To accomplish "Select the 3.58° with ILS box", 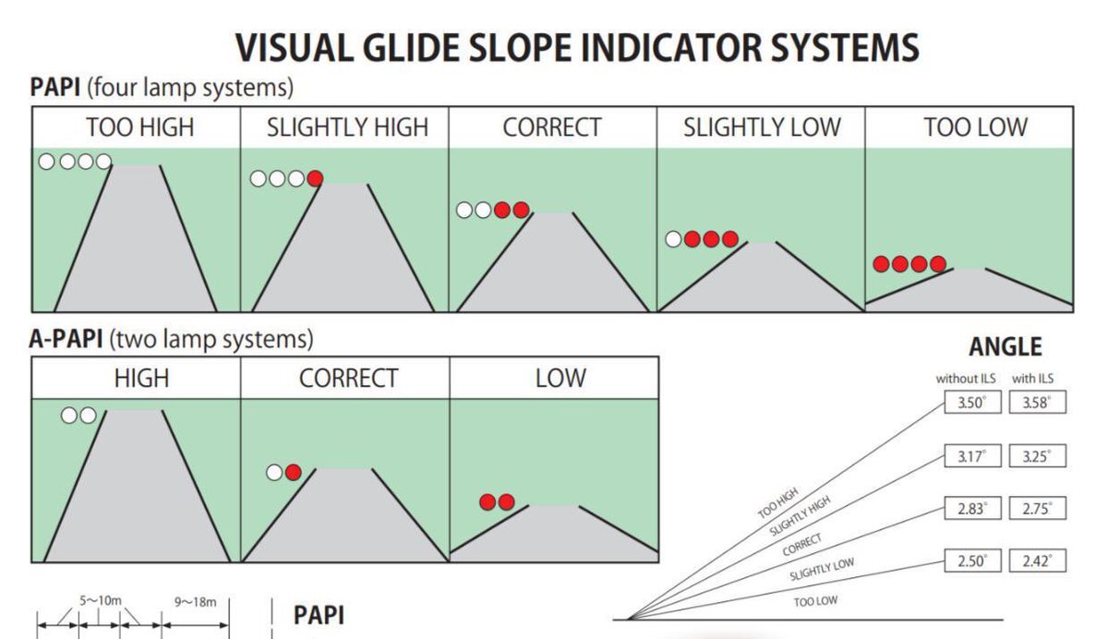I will [1037, 404].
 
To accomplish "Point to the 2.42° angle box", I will [1037, 561].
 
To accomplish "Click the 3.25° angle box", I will [1037, 455].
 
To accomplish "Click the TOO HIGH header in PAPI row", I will [140, 127].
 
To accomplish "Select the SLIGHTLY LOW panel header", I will [762, 127].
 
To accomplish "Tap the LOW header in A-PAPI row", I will [560, 378].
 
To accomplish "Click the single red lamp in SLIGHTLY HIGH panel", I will [315, 179].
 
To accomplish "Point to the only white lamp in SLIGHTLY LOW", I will [674, 240].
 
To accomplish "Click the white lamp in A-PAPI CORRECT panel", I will [274, 473].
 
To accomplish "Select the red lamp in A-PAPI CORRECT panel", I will [294, 473].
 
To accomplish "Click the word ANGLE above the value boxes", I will [1005, 347].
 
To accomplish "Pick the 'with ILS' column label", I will [1033, 379].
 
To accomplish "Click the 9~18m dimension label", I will [195, 602].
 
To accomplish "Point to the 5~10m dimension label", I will [100, 600].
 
